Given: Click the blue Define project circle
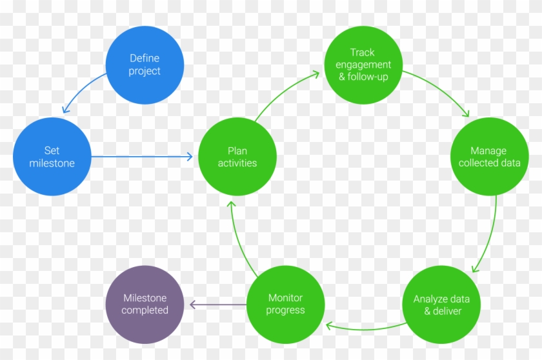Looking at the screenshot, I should (x=145, y=65).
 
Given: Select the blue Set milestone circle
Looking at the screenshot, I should (x=52, y=157).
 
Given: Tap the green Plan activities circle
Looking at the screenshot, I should (x=237, y=157).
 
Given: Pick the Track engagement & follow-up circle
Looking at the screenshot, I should (x=363, y=65).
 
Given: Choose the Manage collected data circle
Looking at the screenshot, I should (x=490, y=157).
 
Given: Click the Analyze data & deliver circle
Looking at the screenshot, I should (x=442, y=305).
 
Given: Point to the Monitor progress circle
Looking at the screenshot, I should (x=286, y=305).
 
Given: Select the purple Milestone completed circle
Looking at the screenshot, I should (x=145, y=305).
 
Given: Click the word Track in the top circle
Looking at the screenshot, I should (x=363, y=52).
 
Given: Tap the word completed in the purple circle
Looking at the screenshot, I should (x=145, y=310).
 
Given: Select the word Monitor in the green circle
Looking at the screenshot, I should (x=286, y=298).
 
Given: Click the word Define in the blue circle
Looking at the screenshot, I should (x=145, y=59).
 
